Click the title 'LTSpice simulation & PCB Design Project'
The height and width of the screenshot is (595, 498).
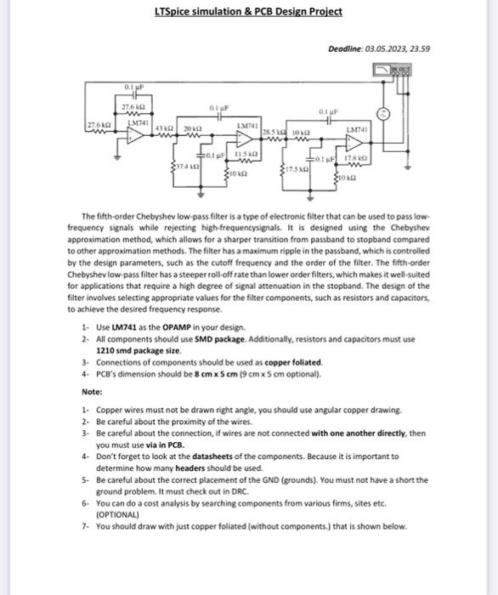[249, 11]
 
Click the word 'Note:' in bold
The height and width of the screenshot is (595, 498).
[92, 392]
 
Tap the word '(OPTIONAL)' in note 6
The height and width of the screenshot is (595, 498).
[117, 514]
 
